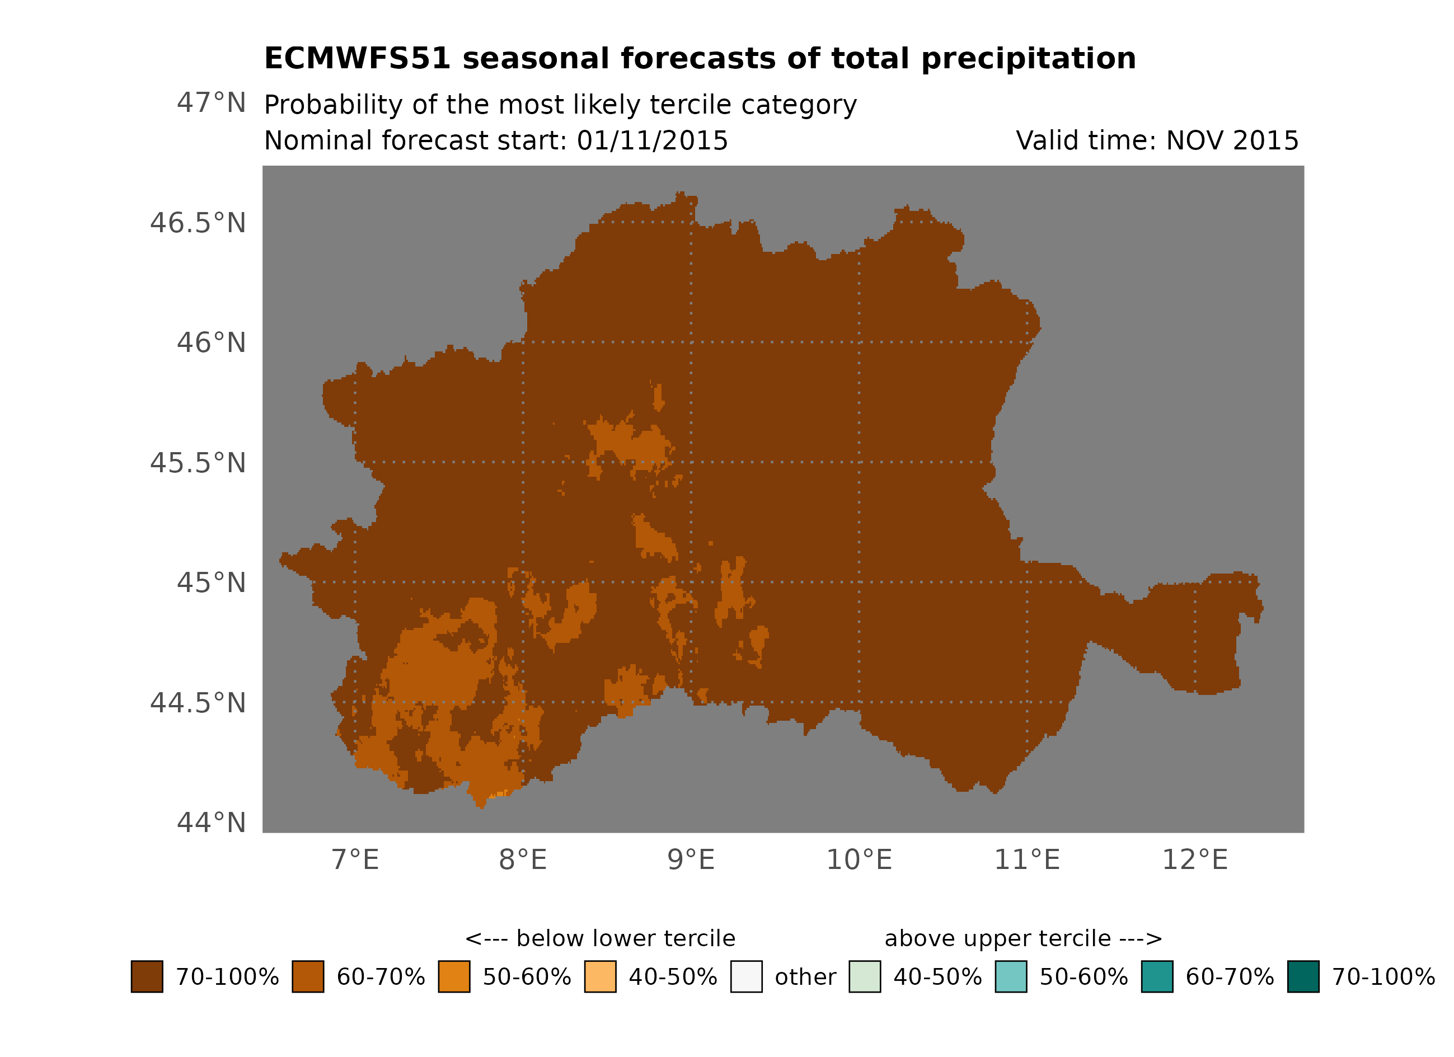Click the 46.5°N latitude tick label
(198, 223)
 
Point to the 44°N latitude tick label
(211, 823)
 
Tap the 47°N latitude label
(211, 102)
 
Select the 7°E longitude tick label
(355, 859)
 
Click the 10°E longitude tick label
(859, 859)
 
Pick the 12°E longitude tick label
(1194, 859)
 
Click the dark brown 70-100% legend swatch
(147, 977)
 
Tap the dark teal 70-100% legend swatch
(1303, 977)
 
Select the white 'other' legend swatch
(746, 977)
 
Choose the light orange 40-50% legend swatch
(600, 977)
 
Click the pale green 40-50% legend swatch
(864, 977)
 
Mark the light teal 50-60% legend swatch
(1010, 977)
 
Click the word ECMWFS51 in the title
(357, 58)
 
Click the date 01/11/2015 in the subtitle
(652, 141)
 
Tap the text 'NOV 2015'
(1232, 141)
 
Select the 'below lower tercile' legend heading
(600, 938)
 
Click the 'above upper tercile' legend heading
(1023, 938)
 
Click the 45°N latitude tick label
(211, 582)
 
